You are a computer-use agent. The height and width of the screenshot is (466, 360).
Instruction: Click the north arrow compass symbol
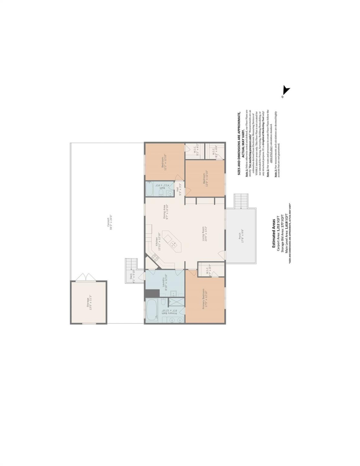point(286,91)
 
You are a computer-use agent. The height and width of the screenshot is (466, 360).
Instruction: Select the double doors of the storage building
point(85,277)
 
